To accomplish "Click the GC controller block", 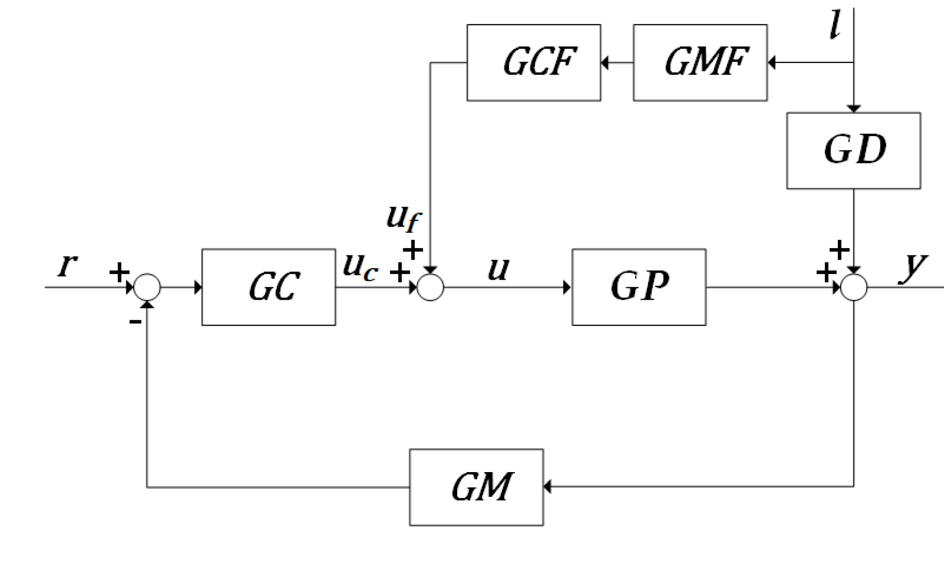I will pos(269,287).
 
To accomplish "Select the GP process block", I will pos(639,287).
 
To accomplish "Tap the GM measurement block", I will pos(476,487).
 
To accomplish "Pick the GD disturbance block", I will pos(853,151).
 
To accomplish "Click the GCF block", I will pos(534,62).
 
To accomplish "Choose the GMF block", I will pos(700,62).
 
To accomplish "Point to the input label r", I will pos(68,265).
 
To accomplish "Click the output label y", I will pos(913,266).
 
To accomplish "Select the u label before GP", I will pos(498,269).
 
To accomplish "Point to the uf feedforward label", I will pos(404,217).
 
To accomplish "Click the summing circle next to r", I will pos(147,287).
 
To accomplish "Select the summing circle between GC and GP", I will pos(430,287).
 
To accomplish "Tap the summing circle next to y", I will pos(854,287).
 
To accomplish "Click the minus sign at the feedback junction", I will pos(135,322).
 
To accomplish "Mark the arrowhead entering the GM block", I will pos(547,487).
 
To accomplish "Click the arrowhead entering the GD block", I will pos(854,109).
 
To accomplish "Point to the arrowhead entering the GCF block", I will pos(605,62).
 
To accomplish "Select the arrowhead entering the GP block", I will pos(568,287).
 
